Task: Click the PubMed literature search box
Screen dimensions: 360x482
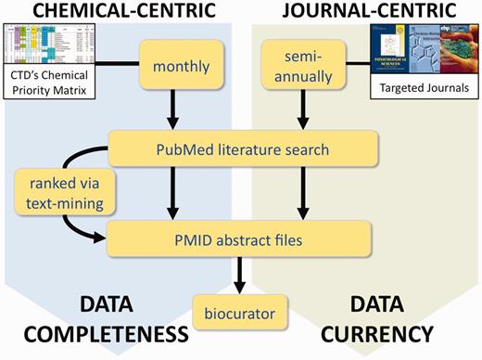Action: [x=243, y=146]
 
